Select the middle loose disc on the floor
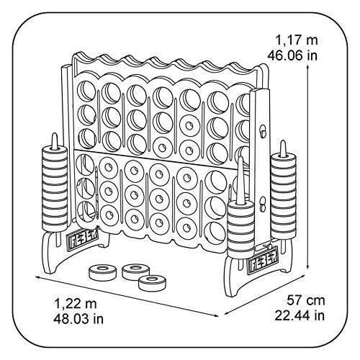(133, 271)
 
